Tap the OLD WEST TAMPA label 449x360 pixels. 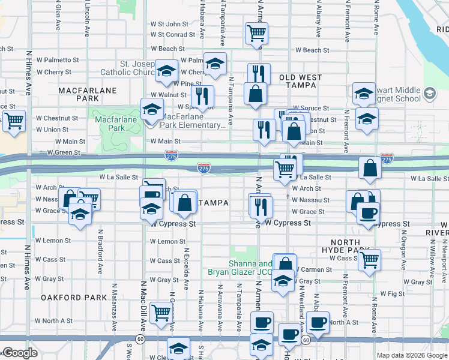click(x=301, y=82)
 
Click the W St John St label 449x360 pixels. click(x=169, y=24)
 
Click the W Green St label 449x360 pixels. click(x=59, y=153)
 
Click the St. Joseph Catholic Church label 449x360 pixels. click(x=128, y=68)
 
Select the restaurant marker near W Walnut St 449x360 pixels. click(x=202, y=95)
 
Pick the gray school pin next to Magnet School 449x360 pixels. click(x=430, y=94)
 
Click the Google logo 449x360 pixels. click(x=20, y=353)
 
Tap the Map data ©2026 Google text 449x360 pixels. click(x=412, y=355)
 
